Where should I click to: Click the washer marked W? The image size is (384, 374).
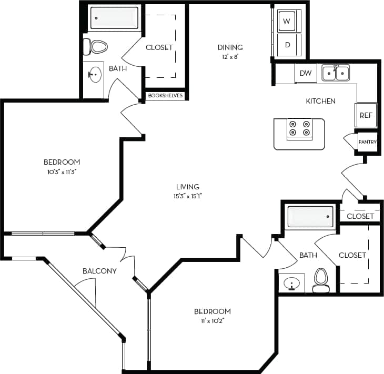[287, 22]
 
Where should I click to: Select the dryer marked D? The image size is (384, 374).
[288, 45]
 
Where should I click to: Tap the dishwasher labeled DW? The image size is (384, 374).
[305, 74]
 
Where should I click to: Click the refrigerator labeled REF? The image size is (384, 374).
[366, 115]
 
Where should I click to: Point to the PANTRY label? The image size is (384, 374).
[367, 142]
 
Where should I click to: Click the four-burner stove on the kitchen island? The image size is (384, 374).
[299, 129]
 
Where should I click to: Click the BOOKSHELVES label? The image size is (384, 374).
[165, 96]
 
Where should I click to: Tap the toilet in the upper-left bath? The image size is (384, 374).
[97, 46]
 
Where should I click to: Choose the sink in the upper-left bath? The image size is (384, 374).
[95, 75]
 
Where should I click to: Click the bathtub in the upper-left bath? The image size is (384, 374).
[114, 18]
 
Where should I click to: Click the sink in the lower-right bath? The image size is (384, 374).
[291, 284]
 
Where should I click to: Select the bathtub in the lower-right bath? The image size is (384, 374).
[309, 216]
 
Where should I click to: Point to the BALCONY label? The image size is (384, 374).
[99, 271]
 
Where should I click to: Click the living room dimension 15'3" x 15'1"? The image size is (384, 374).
[188, 196]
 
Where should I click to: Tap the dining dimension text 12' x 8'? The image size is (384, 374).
[229, 57]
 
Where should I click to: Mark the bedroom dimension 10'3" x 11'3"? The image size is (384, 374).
[62, 171]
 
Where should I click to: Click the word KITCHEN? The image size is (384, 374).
[321, 101]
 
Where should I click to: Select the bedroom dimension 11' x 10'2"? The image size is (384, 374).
[213, 320]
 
